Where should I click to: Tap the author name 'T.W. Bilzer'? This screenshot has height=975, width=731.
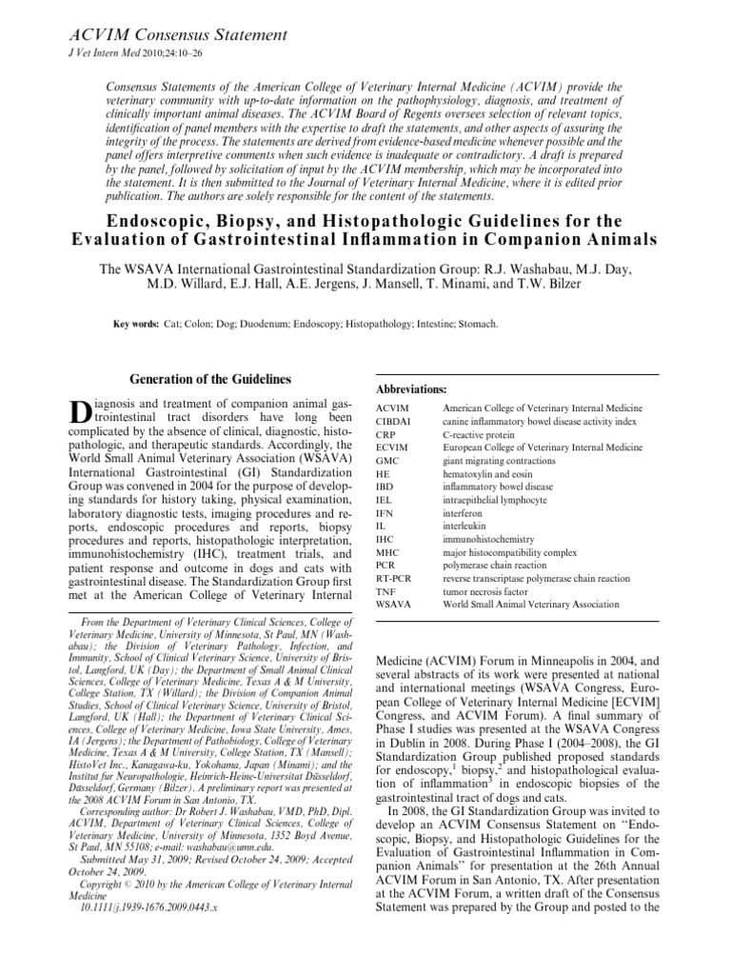coord(543,285)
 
